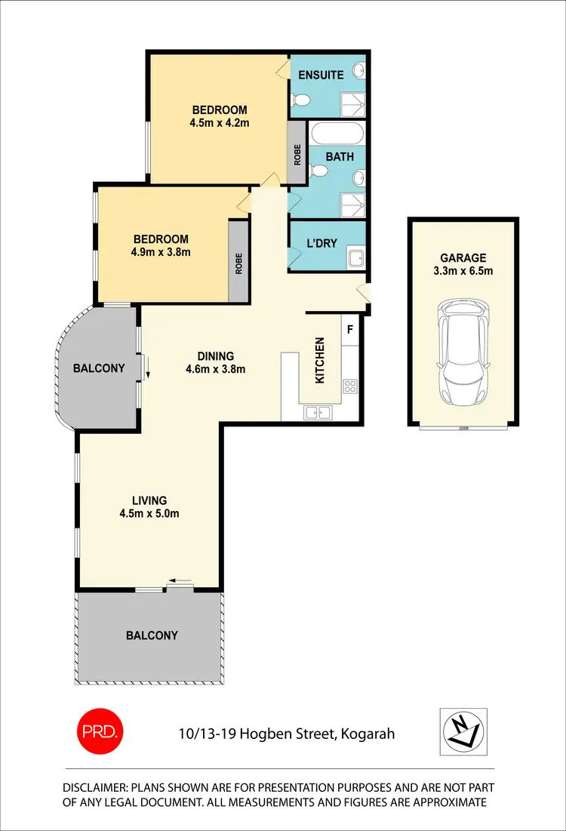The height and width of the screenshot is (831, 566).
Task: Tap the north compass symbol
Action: [x=463, y=731]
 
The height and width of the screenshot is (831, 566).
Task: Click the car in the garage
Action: [x=463, y=352]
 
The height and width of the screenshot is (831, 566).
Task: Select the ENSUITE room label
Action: [x=321, y=75]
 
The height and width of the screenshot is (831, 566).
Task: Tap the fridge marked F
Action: [x=349, y=329]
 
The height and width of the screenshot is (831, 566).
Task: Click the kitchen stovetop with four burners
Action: [x=350, y=386]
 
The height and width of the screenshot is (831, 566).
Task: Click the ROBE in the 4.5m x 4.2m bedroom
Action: [x=297, y=155]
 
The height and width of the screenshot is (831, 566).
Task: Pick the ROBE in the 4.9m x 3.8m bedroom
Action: [x=238, y=262]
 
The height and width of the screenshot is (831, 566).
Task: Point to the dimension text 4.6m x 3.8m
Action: [x=215, y=370]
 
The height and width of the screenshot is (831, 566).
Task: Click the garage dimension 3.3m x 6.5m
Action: [x=463, y=271]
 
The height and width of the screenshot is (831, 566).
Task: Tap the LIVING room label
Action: [x=149, y=500]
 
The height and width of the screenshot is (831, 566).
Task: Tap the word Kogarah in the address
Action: [x=368, y=733]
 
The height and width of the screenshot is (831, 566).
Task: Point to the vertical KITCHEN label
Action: [x=319, y=359]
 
